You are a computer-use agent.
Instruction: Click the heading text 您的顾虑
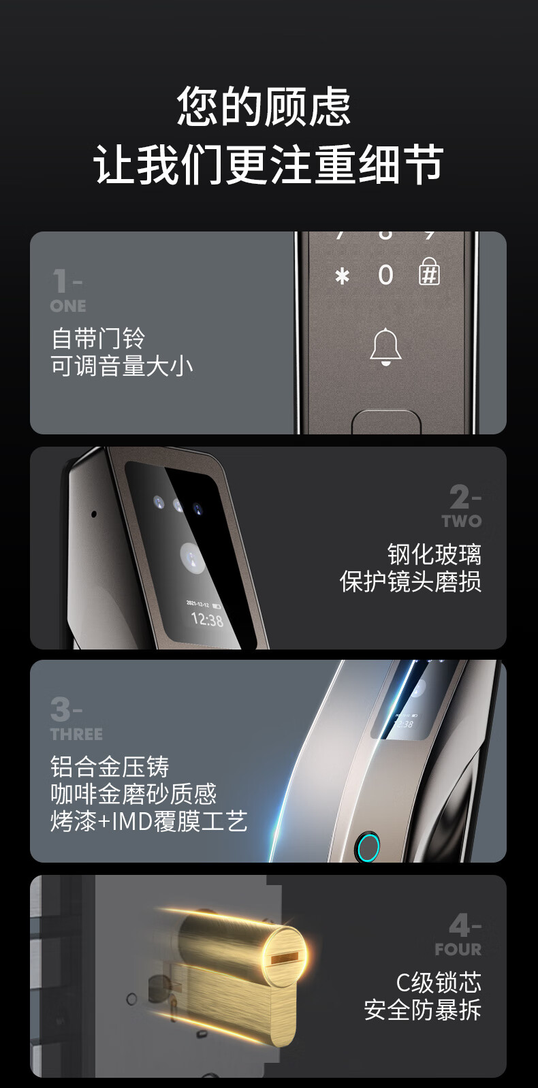point(264,106)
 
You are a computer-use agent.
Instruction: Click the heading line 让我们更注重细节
point(268,163)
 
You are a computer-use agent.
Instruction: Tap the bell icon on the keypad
point(386,347)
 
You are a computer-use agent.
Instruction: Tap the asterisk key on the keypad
point(342,276)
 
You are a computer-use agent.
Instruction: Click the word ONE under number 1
point(68,306)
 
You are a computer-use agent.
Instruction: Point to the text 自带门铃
point(98,338)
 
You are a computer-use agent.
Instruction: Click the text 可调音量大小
point(122,366)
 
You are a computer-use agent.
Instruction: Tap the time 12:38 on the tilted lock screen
point(208,620)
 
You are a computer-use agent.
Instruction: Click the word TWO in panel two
point(462,521)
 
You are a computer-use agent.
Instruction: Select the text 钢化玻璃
point(434,554)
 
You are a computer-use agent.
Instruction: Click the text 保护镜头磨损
point(411,581)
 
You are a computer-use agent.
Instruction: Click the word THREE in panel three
point(76,734)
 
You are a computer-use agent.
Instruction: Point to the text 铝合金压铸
point(110,767)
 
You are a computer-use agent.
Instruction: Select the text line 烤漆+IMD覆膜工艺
point(149,821)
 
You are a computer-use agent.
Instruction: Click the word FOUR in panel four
point(458,949)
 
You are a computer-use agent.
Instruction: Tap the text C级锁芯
point(439,982)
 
